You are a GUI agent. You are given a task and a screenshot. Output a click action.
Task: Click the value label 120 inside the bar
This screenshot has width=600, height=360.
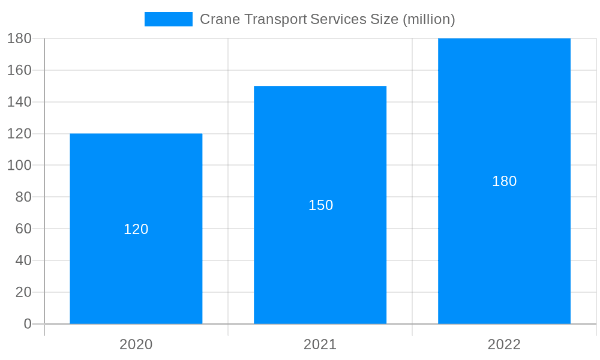coord(136,229)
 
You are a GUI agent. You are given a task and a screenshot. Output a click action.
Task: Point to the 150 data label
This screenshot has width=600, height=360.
coord(320,205)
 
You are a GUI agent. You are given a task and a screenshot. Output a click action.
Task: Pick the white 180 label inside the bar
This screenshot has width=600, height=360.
coord(504,181)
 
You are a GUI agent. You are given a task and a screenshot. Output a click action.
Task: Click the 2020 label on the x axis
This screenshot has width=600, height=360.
coord(136,344)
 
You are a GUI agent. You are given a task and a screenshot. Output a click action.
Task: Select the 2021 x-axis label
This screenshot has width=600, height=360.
coord(320,344)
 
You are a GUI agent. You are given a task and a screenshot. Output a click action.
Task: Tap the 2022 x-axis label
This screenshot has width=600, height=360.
coord(504,344)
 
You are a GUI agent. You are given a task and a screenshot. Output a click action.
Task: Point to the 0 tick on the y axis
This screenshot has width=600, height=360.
coord(28,324)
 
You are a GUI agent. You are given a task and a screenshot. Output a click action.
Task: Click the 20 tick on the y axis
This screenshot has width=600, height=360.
coord(23,292)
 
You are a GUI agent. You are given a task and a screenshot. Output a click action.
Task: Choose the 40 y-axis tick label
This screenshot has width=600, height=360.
coord(23,260)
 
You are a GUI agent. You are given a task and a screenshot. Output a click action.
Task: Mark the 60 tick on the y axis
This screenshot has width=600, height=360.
coord(23,229)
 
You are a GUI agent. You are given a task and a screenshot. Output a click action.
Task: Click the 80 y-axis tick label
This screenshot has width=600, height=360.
coord(23,197)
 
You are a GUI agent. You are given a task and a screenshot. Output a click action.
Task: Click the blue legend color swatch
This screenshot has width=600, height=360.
coord(169,19)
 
